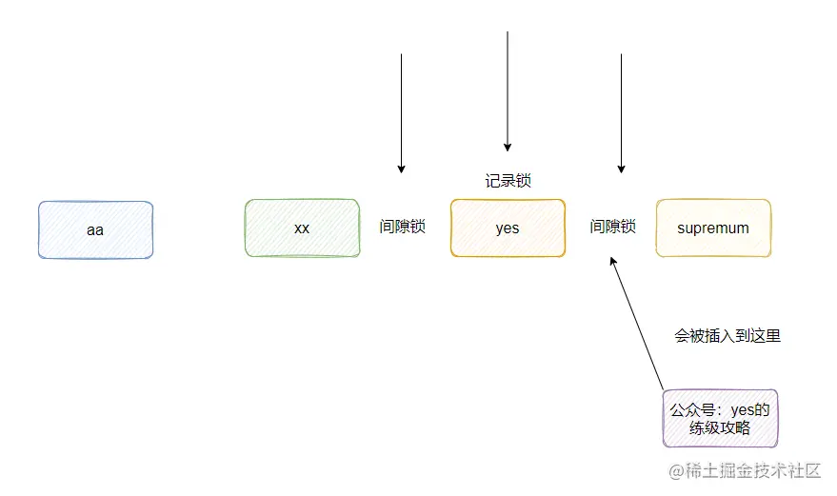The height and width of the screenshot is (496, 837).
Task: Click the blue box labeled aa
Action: click(95, 229)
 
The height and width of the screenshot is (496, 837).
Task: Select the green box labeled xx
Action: click(302, 228)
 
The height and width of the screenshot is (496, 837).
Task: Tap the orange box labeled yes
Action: click(508, 228)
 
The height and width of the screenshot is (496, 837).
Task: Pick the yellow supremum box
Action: click(713, 228)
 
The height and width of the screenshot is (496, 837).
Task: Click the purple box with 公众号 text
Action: click(720, 419)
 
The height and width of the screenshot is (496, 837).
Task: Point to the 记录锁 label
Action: click(508, 181)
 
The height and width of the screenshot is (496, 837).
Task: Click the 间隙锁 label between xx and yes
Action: click(402, 228)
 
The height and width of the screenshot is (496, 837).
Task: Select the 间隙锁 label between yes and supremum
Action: click(611, 228)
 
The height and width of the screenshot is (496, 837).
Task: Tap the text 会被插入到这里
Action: click(727, 336)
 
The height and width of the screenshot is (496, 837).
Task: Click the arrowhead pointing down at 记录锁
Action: click(508, 147)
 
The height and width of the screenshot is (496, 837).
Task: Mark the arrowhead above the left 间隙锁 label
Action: click(401, 169)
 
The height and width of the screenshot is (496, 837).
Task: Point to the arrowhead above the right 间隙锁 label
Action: click(622, 169)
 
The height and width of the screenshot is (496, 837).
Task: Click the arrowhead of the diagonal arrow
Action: click(614, 264)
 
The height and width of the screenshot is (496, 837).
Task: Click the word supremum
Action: click(713, 228)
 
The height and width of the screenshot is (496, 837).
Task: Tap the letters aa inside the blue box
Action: click(95, 229)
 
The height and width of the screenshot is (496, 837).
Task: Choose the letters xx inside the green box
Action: click(302, 228)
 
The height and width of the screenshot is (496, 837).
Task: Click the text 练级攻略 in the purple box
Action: click(721, 428)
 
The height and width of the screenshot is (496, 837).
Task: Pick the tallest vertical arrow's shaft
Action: click(508, 86)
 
